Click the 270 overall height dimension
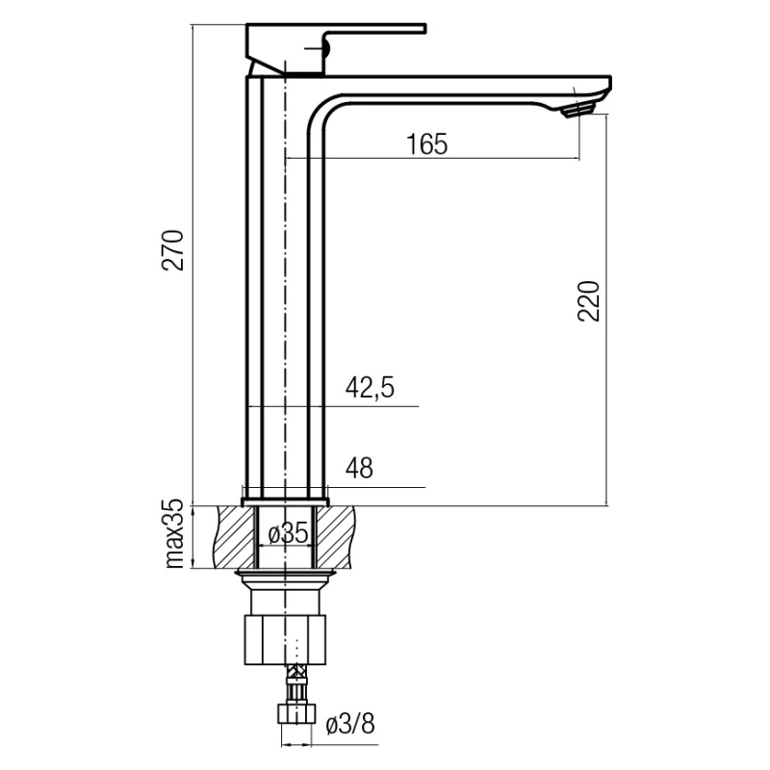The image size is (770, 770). pos(173,250)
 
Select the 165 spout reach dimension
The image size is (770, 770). pos(427,144)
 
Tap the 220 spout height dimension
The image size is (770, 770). pos(589,301)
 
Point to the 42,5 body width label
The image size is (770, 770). pos(370,388)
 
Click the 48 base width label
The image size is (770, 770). pos(359,468)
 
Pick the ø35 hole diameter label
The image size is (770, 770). pos(289,532)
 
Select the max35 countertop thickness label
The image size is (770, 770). pos(174,534)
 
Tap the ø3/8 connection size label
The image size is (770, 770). pos(350,724)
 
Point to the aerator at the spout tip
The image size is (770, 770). pos(578,110)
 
